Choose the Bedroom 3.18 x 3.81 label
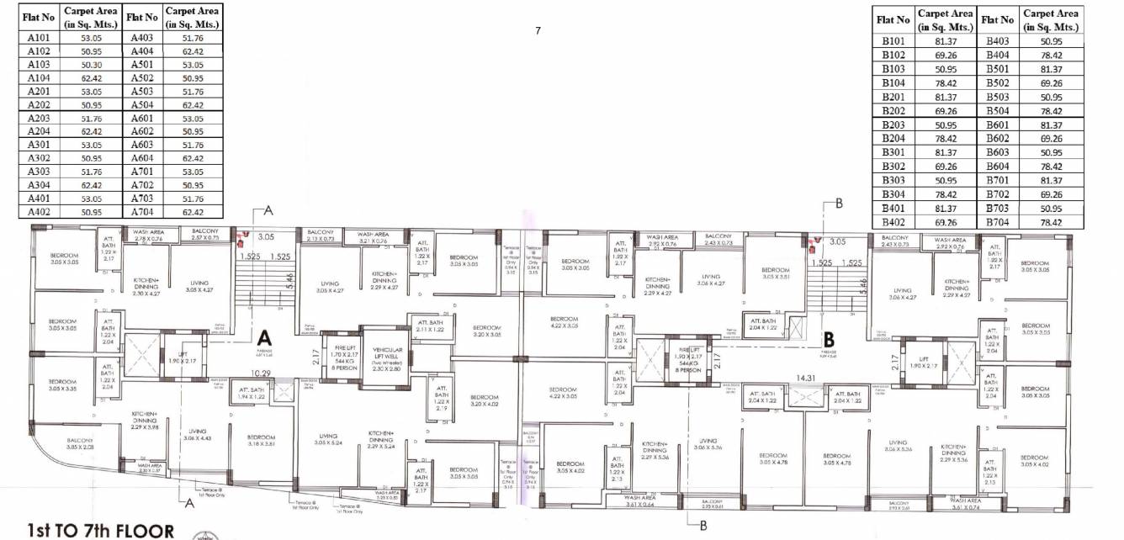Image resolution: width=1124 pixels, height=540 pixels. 262,442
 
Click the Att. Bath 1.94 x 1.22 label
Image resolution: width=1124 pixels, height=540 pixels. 252,392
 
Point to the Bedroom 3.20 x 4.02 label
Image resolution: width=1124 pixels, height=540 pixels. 485,400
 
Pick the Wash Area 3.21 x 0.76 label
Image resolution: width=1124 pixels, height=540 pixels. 372,238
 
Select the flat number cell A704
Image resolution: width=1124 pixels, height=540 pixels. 141,212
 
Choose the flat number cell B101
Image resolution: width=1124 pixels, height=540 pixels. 893,41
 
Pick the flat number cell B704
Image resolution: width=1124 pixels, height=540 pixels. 999,223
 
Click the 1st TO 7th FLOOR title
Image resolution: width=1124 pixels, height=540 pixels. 100,531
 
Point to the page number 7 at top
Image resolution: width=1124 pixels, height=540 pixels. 538,31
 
